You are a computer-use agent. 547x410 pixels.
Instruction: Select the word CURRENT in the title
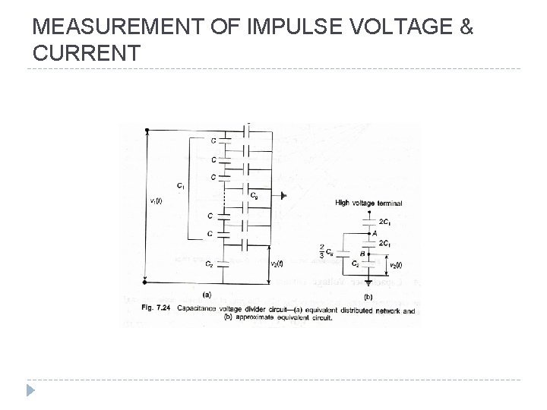click(x=87, y=53)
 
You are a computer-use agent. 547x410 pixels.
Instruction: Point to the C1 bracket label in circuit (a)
click(x=180, y=185)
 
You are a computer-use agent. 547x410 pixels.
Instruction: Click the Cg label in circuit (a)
click(x=255, y=194)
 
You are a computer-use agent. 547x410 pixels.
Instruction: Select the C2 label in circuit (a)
click(x=208, y=263)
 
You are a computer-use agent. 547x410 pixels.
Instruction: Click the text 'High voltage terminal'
click(x=368, y=203)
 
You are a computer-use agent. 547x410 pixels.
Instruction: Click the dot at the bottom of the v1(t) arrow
click(x=146, y=283)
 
